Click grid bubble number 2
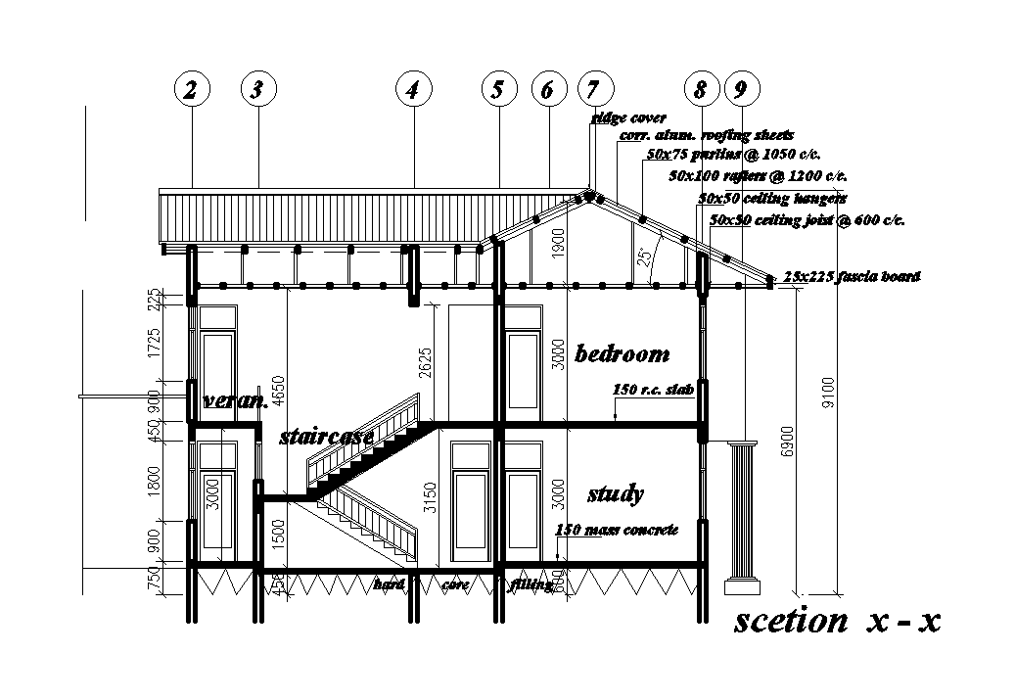(192, 90)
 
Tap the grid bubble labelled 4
(413, 90)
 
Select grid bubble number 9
(740, 90)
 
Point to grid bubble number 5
(498, 90)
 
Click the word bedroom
(623, 353)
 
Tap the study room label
(615, 494)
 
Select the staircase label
(326, 436)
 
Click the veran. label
(235, 400)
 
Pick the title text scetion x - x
(837, 621)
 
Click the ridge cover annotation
(629, 118)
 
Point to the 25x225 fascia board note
(852, 277)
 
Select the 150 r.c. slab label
(653, 390)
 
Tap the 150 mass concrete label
(617, 530)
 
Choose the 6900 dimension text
(787, 447)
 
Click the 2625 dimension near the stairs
(425, 364)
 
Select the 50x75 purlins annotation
(733, 155)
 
